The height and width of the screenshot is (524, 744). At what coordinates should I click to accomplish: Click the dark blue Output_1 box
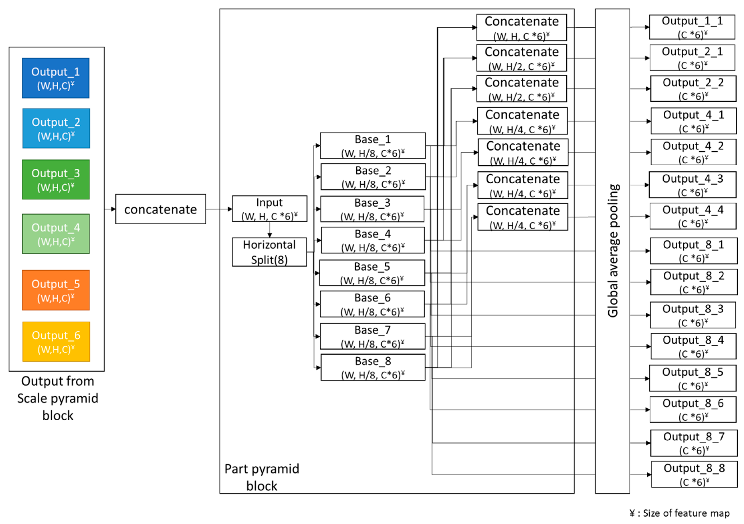pyautogui.click(x=56, y=78)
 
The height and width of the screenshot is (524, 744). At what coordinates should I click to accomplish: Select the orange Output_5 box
pyautogui.click(x=56, y=290)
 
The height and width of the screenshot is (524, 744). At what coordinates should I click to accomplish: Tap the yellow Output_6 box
pyautogui.click(x=56, y=342)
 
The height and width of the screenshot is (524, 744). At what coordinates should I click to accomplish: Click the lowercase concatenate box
pyautogui.click(x=160, y=209)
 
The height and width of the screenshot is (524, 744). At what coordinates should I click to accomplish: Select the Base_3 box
pyautogui.click(x=372, y=209)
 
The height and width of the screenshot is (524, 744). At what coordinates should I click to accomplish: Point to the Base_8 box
pyautogui.click(x=373, y=368)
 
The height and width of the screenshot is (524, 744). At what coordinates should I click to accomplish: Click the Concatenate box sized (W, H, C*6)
pyautogui.click(x=521, y=27)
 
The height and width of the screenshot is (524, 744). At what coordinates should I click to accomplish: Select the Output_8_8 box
pyautogui.click(x=694, y=475)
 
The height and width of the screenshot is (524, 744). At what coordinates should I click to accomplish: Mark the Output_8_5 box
pyautogui.click(x=693, y=378)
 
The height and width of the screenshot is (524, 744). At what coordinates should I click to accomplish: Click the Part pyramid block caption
pyautogui.click(x=262, y=477)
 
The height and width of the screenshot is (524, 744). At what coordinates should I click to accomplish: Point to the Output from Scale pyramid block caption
pyautogui.click(x=58, y=398)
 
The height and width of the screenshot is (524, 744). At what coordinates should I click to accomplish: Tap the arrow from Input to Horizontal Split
pyautogui.click(x=270, y=230)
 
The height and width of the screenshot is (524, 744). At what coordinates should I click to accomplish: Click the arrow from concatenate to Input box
pyautogui.click(x=219, y=209)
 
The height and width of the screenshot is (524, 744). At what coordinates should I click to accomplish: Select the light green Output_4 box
pyautogui.click(x=56, y=234)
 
